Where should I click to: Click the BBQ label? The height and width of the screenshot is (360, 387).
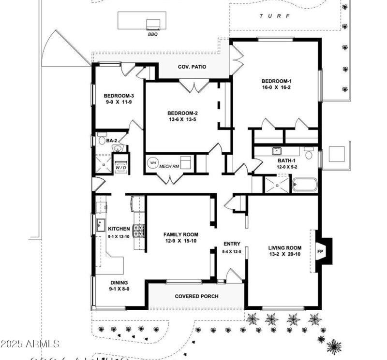[x=153, y=34]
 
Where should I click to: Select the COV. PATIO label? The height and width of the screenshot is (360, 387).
[x=192, y=67]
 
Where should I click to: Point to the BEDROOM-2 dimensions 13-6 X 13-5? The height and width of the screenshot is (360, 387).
[x=183, y=120]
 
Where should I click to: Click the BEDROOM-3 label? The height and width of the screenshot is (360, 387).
[x=119, y=96]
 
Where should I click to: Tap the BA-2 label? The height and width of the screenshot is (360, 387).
[x=112, y=141]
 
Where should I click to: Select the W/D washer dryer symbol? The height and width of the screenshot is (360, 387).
[x=120, y=163]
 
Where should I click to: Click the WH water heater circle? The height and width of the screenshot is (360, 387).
[x=153, y=163]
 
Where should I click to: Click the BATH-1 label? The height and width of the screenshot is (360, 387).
[x=286, y=160]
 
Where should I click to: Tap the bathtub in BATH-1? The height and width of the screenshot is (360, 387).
[x=305, y=185]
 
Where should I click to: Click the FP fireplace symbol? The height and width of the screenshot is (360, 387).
[x=320, y=251]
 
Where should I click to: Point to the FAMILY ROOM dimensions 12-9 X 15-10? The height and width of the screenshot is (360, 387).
[x=180, y=241]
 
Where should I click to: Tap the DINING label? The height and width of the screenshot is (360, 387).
[x=118, y=283]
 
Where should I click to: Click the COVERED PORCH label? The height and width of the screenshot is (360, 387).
[x=196, y=296]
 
